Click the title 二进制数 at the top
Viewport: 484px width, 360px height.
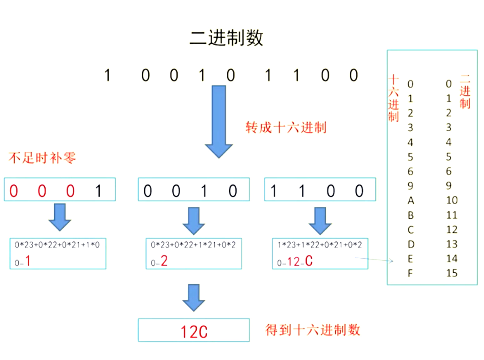click(x=226, y=38)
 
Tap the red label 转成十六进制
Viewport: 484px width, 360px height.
click(x=286, y=128)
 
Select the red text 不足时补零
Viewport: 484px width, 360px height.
click(x=42, y=158)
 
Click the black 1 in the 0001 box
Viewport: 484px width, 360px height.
click(x=98, y=191)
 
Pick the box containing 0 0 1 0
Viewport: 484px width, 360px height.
click(x=194, y=190)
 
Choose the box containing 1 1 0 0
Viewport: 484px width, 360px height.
click(x=320, y=190)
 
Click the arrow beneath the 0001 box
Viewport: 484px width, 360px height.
click(x=60, y=217)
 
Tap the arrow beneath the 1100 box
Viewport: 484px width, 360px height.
click(x=320, y=221)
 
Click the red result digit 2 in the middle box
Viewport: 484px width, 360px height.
click(x=164, y=261)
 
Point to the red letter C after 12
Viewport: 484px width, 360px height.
click(x=309, y=261)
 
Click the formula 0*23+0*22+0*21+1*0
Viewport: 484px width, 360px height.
click(x=57, y=245)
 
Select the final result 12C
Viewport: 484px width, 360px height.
click(x=194, y=331)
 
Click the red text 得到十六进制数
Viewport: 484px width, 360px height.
click(x=313, y=330)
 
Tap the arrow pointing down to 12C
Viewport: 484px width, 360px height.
click(x=194, y=297)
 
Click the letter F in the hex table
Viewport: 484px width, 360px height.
click(x=410, y=273)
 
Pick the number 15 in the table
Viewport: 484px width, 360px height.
click(x=452, y=273)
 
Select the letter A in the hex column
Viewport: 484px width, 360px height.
click(x=411, y=201)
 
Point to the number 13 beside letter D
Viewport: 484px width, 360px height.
click(x=452, y=244)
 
